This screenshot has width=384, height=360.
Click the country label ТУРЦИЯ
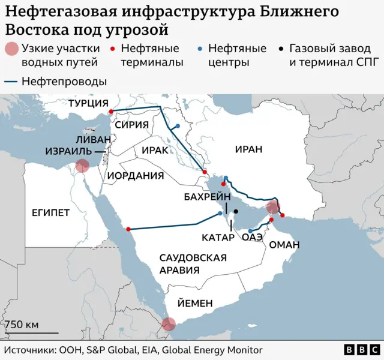pos(88,103)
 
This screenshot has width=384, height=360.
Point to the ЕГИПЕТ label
pos(50,212)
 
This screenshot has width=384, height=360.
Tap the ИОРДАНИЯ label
pos(136,176)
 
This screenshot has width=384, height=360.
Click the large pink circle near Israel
pos(83,166)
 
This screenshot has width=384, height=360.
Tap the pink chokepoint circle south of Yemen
pos(169,324)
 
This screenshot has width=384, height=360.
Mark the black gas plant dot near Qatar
pos(236,211)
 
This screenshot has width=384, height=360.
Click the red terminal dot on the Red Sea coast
pos(128,229)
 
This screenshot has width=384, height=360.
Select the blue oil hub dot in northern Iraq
pos(178,126)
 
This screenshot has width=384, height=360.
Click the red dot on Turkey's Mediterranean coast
pos(110,112)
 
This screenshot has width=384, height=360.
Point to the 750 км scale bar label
pos(22,325)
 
